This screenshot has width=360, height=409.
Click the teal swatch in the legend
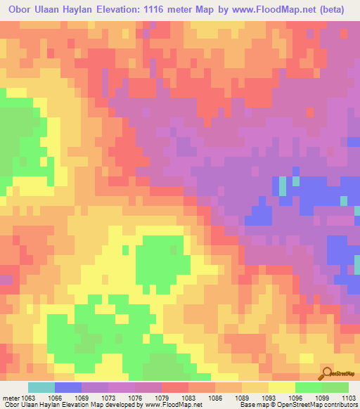pos(41,388)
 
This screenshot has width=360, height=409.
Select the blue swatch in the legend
pos(68,388)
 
